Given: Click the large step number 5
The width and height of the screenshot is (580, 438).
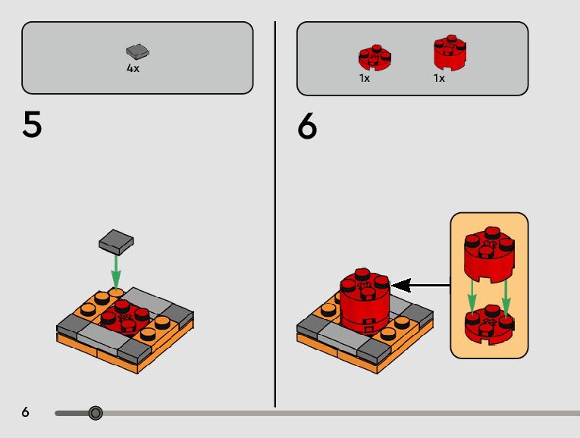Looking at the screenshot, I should (x=32, y=125).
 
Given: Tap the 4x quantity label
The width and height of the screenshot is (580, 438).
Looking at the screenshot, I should (x=133, y=67).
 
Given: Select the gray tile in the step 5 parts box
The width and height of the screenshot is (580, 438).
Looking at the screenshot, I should (x=137, y=52).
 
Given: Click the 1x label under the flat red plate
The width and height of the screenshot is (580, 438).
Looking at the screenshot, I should (x=365, y=78).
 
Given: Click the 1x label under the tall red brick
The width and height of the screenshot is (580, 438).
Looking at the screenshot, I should (x=439, y=78).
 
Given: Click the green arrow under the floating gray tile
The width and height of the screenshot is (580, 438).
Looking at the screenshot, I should (x=116, y=269).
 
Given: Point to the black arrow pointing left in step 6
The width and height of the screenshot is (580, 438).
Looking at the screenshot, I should (x=421, y=286).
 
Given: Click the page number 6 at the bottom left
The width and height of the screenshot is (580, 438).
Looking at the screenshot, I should (x=25, y=412).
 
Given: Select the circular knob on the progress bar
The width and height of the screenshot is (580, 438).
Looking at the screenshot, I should (x=96, y=413).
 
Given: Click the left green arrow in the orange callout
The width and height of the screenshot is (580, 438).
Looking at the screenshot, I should (x=471, y=297).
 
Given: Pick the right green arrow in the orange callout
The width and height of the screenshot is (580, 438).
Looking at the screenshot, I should (x=506, y=297).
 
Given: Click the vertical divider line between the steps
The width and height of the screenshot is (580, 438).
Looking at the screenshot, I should (x=274, y=212).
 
